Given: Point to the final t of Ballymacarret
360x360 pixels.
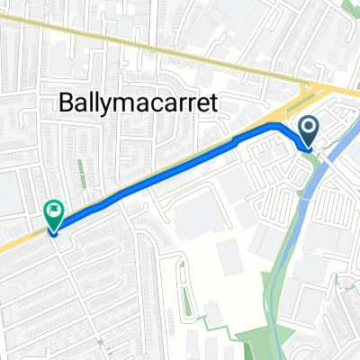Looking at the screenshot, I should [x=213, y=102].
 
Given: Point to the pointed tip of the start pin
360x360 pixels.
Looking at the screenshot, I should [x=308, y=148].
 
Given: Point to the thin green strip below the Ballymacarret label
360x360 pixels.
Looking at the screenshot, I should [x=80, y=171].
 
